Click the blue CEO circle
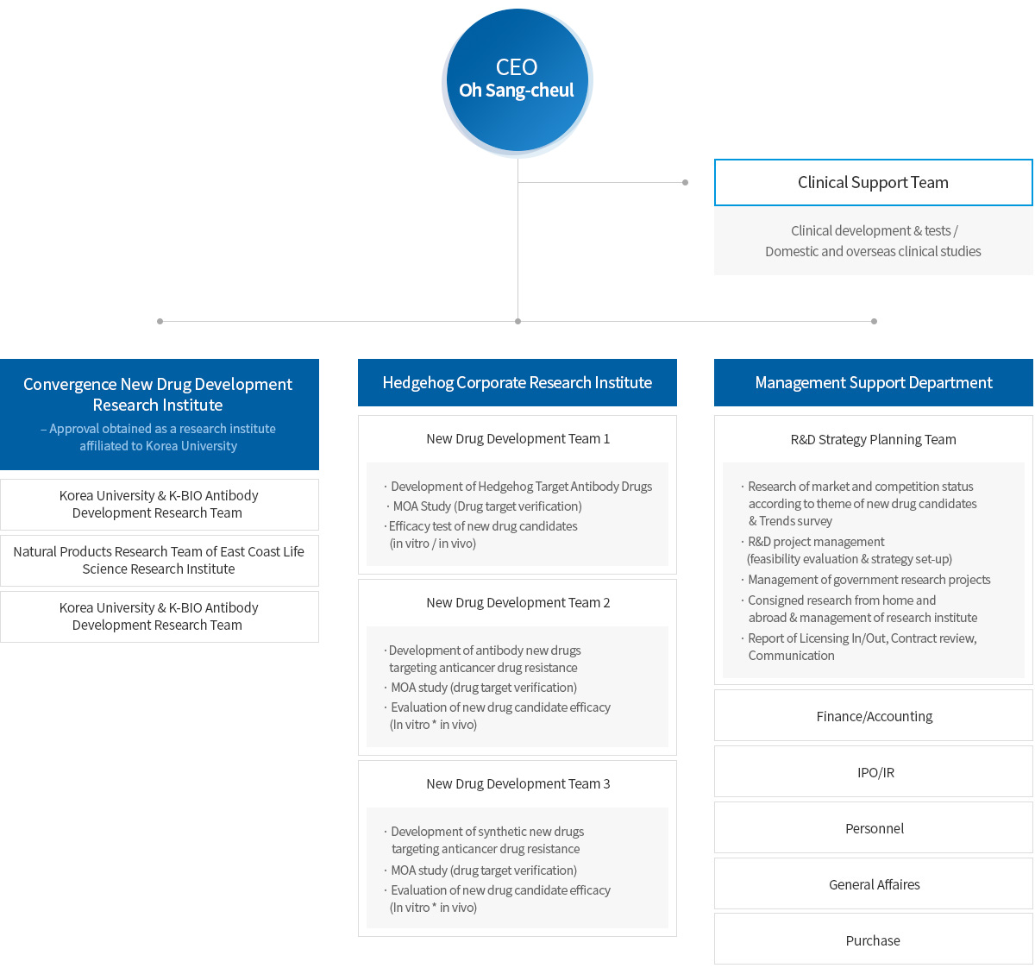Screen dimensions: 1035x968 pyautogui.click(x=517, y=80)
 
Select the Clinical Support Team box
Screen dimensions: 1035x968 pyautogui.click(x=873, y=183)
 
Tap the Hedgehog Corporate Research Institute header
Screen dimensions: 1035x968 pyautogui.click(x=517, y=382)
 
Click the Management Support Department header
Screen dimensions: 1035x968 pyautogui.click(x=873, y=382)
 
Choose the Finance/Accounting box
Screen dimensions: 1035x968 pyautogui.click(x=873, y=715)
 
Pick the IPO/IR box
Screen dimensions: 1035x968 pyautogui.click(x=873, y=772)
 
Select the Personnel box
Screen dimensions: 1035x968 pyautogui.click(x=873, y=828)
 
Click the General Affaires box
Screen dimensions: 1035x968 pyautogui.click(x=873, y=884)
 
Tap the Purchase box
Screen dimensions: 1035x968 pyautogui.click(x=873, y=940)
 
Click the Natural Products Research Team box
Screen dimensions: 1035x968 pyautogui.click(x=159, y=560)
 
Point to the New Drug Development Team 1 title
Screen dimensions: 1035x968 pyautogui.click(x=518, y=438)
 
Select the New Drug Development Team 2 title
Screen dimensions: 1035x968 pyautogui.click(x=518, y=602)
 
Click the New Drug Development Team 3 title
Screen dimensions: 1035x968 pyautogui.click(x=518, y=783)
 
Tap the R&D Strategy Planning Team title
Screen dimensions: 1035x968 pyautogui.click(x=873, y=440)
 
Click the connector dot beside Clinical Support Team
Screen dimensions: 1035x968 pyautogui.click(x=686, y=183)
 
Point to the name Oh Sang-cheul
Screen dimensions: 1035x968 pyautogui.click(x=517, y=91)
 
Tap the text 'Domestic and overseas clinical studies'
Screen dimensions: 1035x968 pyautogui.click(x=873, y=251)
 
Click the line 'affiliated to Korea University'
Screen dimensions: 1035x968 pyautogui.click(x=158, y=446)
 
